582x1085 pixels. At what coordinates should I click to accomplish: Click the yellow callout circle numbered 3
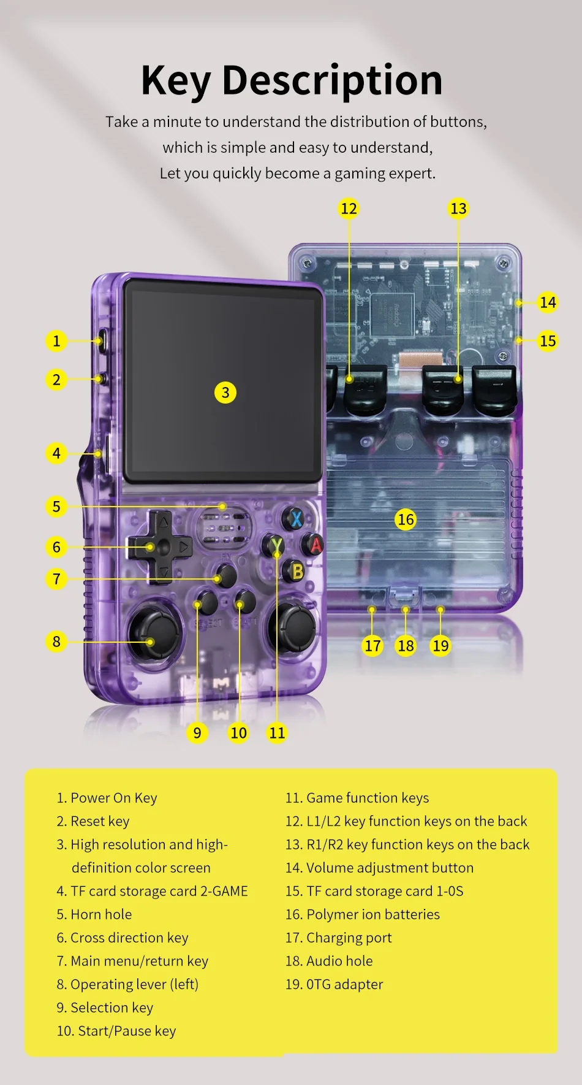pos(225,393)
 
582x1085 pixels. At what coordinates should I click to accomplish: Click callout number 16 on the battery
pos(406,519)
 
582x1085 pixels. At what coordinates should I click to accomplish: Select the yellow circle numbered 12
pos(349,209)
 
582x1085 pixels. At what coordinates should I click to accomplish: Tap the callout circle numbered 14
pos(548,302)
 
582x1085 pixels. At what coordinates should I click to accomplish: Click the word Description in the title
pos(332,80)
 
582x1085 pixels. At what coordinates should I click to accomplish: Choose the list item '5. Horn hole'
pos(94,914)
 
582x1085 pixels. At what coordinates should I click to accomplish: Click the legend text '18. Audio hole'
pos(329,961)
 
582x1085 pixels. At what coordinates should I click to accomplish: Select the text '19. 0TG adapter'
pos(334,984)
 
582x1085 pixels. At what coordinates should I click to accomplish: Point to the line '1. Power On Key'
pos(107,798)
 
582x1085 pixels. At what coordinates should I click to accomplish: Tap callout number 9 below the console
pos(197,732)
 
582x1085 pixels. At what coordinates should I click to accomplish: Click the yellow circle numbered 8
pos(56,642)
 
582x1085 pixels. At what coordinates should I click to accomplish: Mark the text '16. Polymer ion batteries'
pos(363,914)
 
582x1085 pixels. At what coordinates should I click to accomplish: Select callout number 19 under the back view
pos(440,645)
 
